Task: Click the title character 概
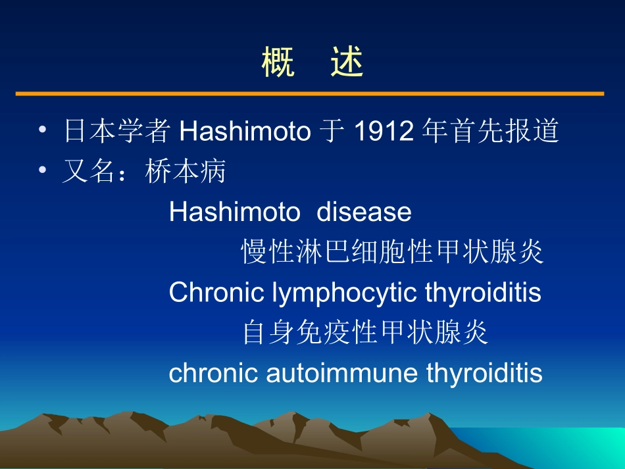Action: tap(278, 63)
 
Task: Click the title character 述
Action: tap(347, 63)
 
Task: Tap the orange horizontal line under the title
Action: tap(309, 94)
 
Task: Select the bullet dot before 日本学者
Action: tap(43, 131)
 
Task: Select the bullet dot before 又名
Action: tap(43, 171)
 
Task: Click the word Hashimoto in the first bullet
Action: tap(244, 132)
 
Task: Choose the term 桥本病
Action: tap(186, 172)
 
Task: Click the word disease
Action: tap(364, 212)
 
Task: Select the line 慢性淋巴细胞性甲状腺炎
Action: tap(392, 252)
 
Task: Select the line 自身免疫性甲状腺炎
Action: tap(365, 332)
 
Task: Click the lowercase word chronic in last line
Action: tap(214, 373)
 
